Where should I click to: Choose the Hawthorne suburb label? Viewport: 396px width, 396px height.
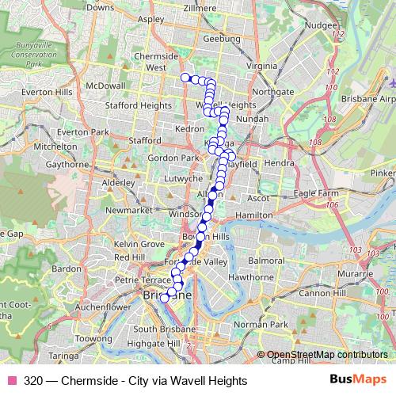(250, 278)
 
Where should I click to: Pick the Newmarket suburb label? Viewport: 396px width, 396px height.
(128, 211)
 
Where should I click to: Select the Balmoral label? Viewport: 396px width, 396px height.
(266, 260)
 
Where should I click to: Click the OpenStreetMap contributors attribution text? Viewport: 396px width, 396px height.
(326, 355)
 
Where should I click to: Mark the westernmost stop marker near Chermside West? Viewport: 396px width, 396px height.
(185, 77)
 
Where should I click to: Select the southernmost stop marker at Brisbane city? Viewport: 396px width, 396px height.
(165, 299)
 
